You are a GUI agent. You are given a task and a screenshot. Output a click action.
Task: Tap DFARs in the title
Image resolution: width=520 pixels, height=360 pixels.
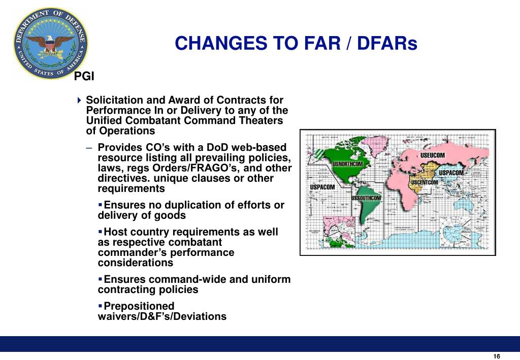coord(387,44)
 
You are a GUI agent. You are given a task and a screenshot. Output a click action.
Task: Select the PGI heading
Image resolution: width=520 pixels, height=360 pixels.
coord(84,77)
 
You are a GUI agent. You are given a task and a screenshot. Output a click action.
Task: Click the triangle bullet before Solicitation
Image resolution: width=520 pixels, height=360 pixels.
coord(79,101)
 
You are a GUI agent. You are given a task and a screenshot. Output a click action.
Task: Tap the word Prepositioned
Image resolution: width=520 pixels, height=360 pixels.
coord(139,306)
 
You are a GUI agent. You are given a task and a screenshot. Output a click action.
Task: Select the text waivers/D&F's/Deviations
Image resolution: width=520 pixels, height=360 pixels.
coord(162,316)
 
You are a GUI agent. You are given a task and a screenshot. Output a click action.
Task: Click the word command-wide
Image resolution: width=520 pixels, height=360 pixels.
coord(201,279)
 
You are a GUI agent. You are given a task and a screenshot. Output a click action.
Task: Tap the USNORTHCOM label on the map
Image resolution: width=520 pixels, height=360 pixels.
coord(347,164)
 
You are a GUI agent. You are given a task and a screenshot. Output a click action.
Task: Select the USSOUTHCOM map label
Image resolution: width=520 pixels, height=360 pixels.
coord(366,198)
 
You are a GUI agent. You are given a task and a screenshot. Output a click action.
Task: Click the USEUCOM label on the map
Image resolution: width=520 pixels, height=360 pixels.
coord(432,155)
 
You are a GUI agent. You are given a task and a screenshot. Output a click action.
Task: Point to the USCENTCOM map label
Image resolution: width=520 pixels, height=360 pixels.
coord(424,182)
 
